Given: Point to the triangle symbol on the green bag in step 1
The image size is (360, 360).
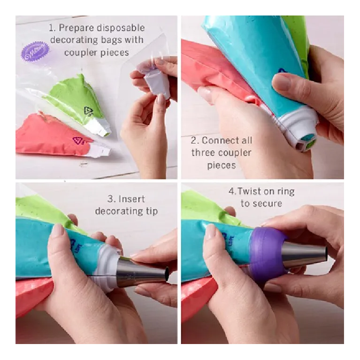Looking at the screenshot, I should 89,111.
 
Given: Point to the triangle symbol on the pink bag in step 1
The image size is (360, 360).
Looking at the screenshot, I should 76,140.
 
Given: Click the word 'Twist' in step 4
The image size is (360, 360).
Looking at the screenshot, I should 251,191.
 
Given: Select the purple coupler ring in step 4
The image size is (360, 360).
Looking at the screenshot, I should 268,253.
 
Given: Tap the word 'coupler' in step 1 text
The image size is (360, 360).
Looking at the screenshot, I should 82,53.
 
